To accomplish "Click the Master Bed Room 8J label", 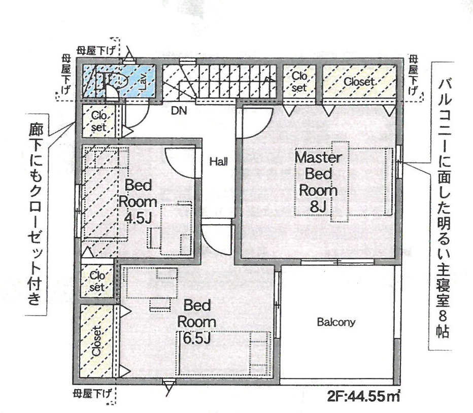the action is (318, 182).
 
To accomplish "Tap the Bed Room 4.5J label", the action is (138, 201).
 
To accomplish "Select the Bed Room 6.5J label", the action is (197, 322).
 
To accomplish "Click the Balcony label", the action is (336, 323).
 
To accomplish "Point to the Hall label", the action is (219, 162).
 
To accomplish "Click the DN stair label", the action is (179, 111).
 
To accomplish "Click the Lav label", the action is (143, 81).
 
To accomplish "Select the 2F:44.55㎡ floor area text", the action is (363, 396).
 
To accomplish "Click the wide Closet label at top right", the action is (359, 82).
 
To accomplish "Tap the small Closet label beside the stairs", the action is (299, 82).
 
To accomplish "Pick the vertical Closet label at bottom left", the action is (96, 341).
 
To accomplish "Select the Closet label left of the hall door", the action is (98, 121).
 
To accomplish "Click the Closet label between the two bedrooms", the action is (97, 281).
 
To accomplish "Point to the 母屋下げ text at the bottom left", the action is (92, 394).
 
